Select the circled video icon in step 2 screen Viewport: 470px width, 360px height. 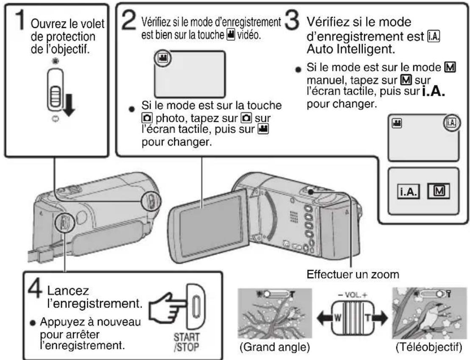click(161, 59)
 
